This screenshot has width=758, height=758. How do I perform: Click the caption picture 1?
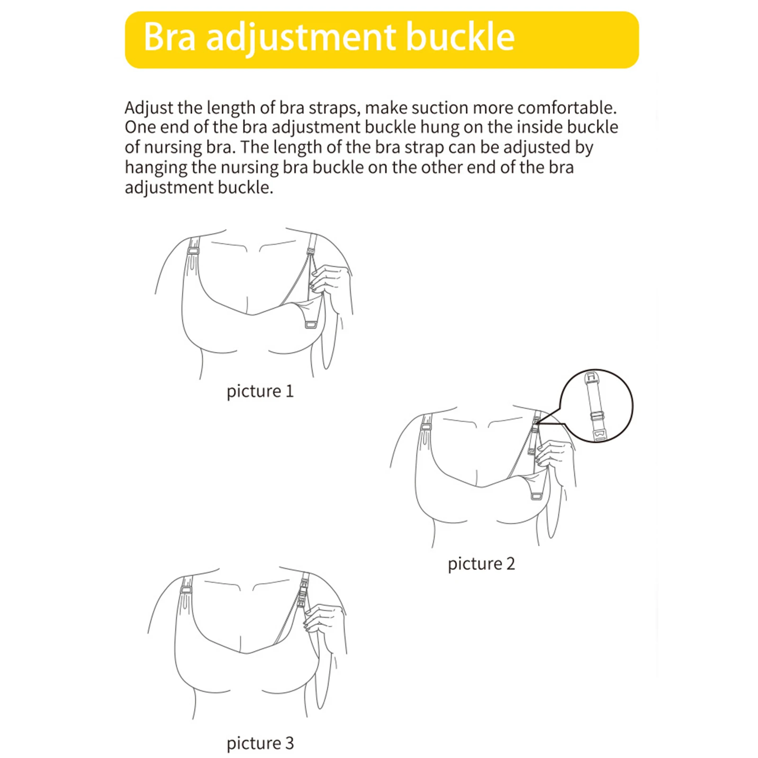click(x=260, y=391)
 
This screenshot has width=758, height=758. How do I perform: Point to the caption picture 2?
click(x=481, y=564)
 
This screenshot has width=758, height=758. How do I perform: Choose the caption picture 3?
click(x=260, y=743)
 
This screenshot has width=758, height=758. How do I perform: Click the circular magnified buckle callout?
click(x=596, y=406)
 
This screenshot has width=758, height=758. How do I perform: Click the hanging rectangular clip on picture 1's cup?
click(x=311, y=325)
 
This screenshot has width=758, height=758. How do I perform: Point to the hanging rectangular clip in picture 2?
click(x=536, y=496)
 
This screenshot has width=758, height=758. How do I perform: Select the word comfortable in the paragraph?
click(x=566, y=108)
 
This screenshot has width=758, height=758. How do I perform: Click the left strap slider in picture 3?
click(x=186, y=590)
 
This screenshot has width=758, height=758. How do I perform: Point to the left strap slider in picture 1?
click(x=192, y=250)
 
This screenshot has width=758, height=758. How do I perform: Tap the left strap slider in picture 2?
click(x=426, y=427)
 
